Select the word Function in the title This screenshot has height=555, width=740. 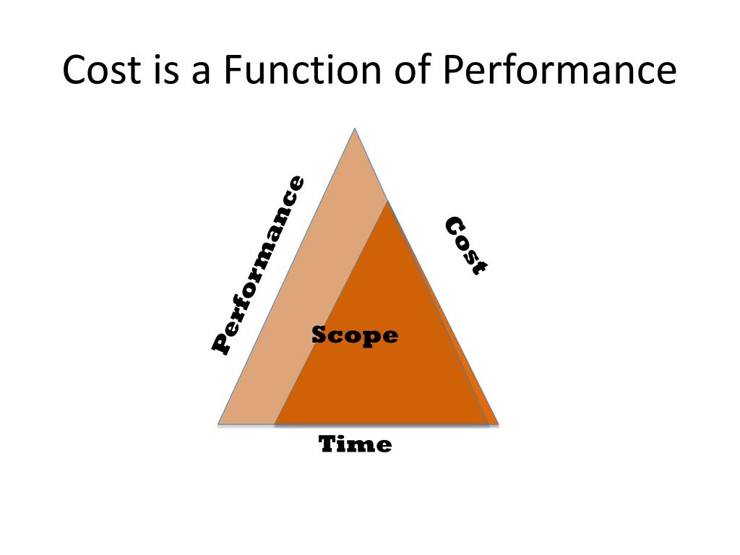click(x=303, y=71)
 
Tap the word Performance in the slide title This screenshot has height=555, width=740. click(x=560, y=71)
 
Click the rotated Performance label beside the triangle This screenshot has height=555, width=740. click(x=258, y=264)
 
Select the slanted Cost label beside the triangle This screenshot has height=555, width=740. click(x=465, y=246)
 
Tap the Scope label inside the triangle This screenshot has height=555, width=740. click(x=355, y=335)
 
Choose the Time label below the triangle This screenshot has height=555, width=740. click(x=356, y=443)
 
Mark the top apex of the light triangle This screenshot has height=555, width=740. click(x=355, y=129)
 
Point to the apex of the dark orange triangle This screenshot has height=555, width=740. click(x=387, y=202)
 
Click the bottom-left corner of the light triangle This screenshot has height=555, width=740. click(x=219, y=423)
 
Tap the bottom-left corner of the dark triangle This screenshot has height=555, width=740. click(x=275, y=423)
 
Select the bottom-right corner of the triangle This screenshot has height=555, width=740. click(x=497, y=423)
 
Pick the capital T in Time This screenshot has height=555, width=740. click(x=329, y=443)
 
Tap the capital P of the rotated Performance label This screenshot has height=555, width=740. click(x=222, y=343)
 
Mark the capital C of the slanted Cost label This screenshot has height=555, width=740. click(x=454, y=226)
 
